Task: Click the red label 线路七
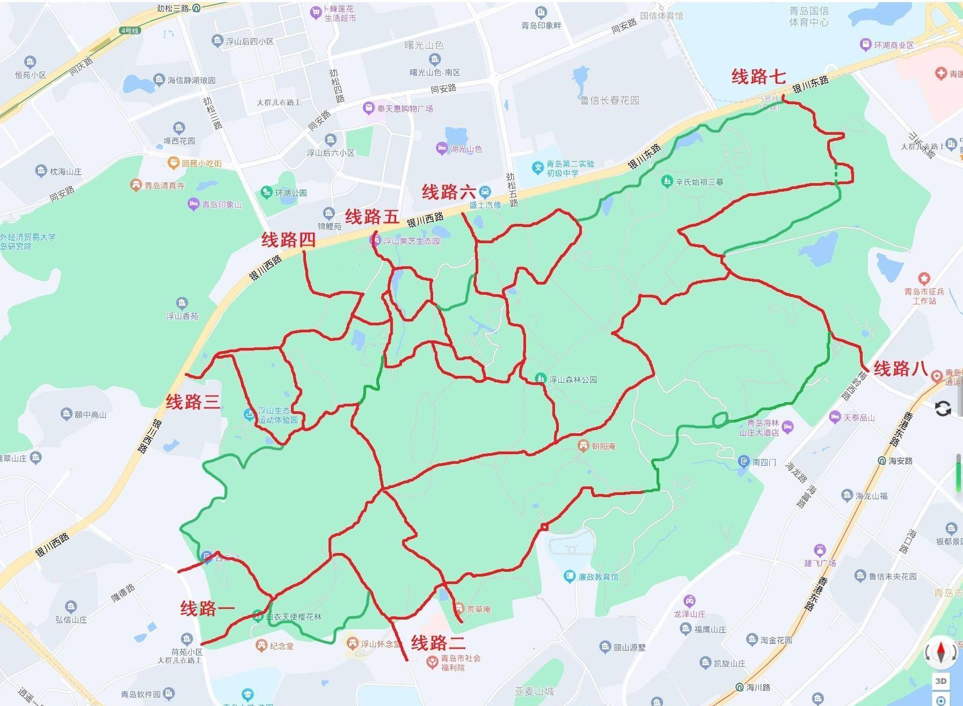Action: [758, 77]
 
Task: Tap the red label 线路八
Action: [901, 369]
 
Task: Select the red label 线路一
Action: [207, 608]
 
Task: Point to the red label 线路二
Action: [438, 642]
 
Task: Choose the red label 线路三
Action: [193, 402]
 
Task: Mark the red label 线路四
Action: [288, 240]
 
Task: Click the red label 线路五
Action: [372, 217]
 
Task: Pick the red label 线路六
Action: [449, 192]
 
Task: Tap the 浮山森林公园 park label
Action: [573, 380]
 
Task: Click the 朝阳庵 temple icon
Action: [583, 445]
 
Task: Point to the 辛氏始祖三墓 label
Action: [699, 181]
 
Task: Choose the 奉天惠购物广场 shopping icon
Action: [369, 108]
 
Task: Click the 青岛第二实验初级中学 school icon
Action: [538, 168]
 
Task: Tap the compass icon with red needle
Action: [940, 651]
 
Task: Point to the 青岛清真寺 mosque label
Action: [165, 186]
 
